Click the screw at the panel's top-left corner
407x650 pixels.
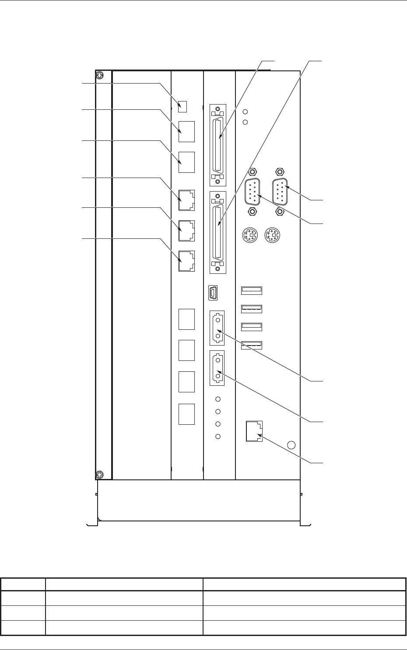tap(100, 75)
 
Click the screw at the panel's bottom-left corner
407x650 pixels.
tap(100, 474)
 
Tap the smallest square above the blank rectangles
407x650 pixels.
tap(183, 106)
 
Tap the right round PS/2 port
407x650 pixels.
tap(273, 235)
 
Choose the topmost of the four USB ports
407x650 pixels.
tap(252, 290)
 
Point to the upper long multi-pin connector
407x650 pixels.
tap(218, 144)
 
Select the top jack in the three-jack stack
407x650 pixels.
tap(186, 200)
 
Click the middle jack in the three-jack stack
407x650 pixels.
tap(186, 231)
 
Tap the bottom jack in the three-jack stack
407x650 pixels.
tap(186, 261)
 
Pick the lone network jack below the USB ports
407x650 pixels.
tap(254, 432)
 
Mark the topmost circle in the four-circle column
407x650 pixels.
tap(218, 399)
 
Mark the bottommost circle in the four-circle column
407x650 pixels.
tap(218, 437)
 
